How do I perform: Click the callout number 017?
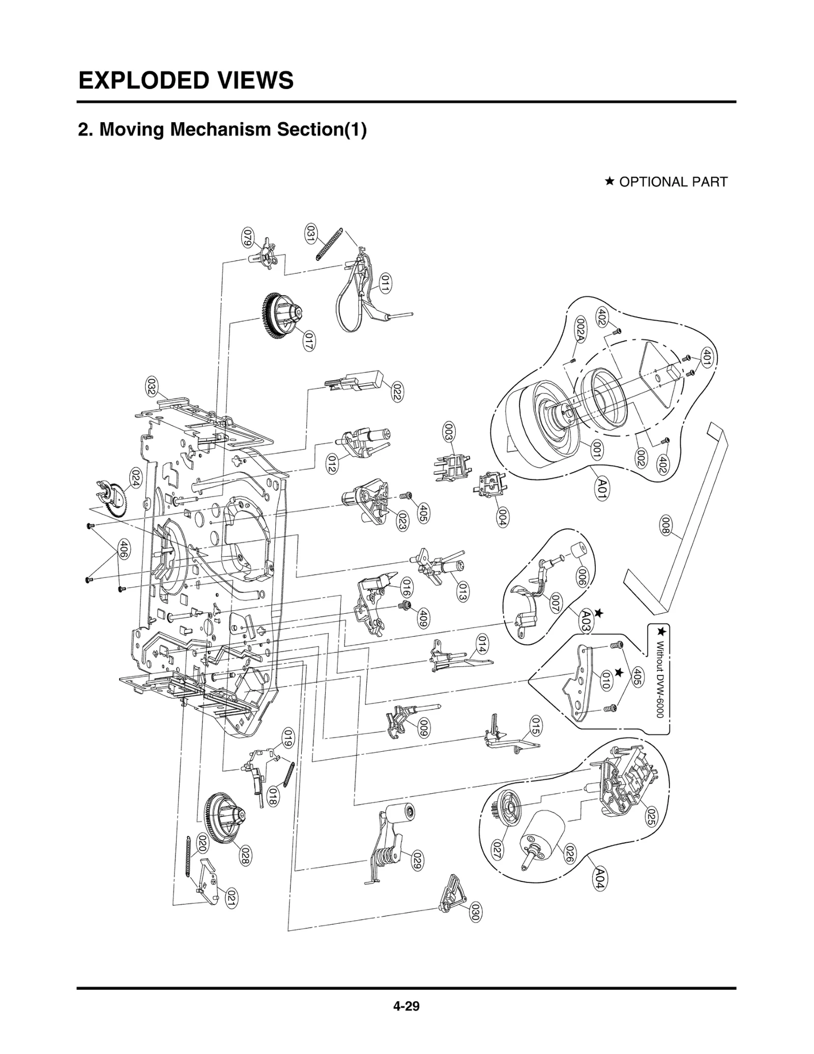[308, 340]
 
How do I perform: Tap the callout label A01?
[602, 489]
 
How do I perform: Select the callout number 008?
[665, 525]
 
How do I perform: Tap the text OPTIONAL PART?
[673, 182]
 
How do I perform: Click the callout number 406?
[123, 550]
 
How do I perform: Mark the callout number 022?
[397, 391]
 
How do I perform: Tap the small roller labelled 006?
[576, 551]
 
